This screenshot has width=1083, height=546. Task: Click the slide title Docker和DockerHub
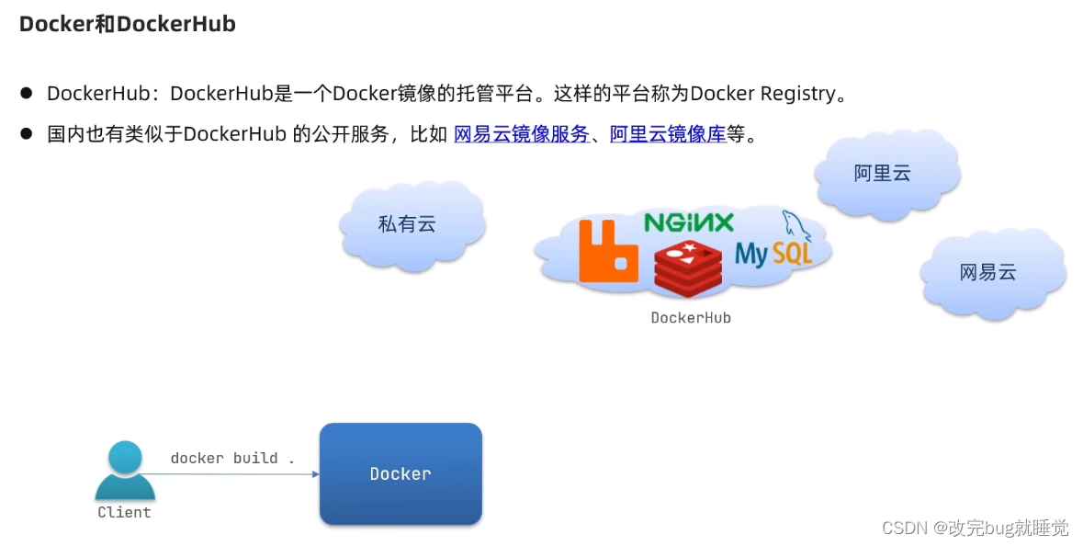point(128,25)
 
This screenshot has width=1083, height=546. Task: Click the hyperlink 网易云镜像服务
point(522,134)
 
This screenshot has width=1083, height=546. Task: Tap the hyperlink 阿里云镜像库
point(668,134)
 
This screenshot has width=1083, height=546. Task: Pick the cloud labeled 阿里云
point(883,173)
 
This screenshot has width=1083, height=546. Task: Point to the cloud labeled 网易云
point(988,272)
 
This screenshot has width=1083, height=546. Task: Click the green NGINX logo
point(689,222)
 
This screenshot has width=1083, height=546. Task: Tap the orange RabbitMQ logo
point(608,250)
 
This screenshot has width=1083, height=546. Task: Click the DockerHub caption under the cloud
point(691,318)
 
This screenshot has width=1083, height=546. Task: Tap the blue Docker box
point(400,473)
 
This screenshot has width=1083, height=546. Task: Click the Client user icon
point(125,470)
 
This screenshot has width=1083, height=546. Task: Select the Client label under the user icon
point(125,512)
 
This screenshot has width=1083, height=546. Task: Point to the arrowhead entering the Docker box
point(315,474)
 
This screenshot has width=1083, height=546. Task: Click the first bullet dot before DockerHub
point(27,94)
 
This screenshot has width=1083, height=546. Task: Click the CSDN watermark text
point(976,528)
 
